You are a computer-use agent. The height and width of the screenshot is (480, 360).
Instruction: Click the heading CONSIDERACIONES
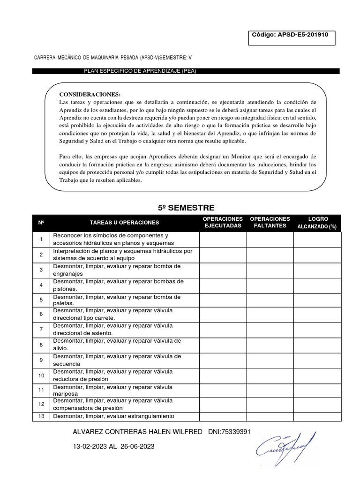90,94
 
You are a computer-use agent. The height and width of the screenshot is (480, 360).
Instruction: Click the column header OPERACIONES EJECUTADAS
223,223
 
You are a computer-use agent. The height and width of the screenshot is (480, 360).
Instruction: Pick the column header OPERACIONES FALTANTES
270,223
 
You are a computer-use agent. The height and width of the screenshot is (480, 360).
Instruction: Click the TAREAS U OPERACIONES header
124,223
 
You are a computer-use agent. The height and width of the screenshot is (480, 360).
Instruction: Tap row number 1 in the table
41,240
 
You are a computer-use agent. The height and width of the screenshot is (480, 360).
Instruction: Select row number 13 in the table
41,416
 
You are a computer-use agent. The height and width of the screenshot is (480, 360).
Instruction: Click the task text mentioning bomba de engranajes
116,270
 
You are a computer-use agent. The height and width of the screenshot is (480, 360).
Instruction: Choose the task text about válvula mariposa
112,390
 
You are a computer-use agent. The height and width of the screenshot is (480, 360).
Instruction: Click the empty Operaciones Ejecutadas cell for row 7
223,329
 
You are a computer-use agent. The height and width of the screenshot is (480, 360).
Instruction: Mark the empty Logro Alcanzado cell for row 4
317,285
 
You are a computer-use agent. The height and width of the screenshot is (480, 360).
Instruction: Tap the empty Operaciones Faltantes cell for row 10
270,375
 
